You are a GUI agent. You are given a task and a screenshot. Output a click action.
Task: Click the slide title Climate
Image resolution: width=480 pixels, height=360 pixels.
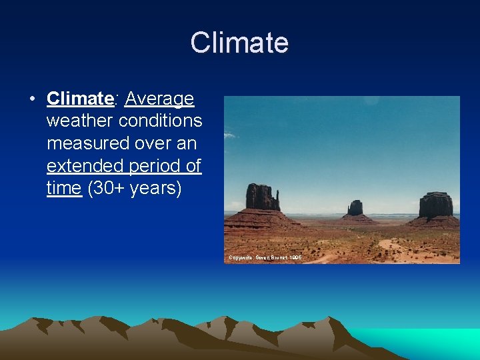click(x=239, y=43)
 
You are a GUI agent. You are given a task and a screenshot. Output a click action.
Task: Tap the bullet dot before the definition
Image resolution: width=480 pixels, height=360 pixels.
click(x=31, y=100)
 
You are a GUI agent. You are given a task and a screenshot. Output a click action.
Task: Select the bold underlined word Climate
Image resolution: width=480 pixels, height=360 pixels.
click(x=80, y=99)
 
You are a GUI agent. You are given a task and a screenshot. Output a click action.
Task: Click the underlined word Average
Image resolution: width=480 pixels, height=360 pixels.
click(x=159, y=99)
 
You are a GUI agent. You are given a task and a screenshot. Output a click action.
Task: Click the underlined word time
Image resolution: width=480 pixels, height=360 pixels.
click(x=64, y=188)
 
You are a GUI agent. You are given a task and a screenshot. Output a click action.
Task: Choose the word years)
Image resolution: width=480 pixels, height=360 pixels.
click(x=156, y=188)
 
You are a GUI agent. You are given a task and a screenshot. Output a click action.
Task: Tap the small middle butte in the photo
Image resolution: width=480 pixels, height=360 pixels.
click(x=355, y=209)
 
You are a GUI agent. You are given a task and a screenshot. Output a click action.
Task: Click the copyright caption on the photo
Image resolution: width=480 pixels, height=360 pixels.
click(x=265, y=257)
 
